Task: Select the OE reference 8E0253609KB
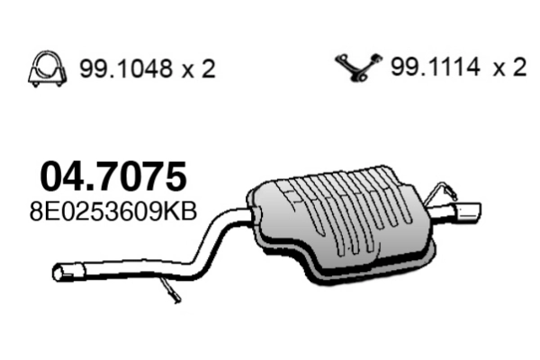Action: (113, 213)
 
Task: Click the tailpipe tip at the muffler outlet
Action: (467, 212)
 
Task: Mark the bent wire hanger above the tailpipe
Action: (442, 192)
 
